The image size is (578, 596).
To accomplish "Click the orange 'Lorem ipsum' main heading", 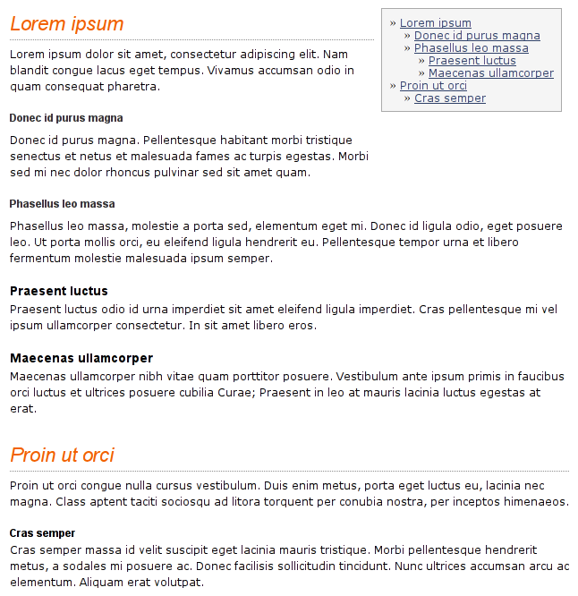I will (67, 24).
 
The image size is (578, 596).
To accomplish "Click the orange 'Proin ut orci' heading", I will (62, 455).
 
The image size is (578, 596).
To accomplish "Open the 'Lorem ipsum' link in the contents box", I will (435, 23).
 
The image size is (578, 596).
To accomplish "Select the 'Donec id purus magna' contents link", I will (477, 36).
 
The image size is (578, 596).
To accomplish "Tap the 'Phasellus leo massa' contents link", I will (471, 48).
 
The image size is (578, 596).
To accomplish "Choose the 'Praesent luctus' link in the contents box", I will (472, 61).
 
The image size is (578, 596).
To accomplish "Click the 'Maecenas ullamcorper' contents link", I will (490, 73).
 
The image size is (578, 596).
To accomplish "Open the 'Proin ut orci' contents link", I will (433, 86).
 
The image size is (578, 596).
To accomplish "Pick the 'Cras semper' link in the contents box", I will (449, 98).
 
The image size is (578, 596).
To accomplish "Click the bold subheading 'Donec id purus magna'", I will (66, 118).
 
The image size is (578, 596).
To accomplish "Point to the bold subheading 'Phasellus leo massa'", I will (62, 204).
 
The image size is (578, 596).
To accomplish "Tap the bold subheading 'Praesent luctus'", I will (59, 291).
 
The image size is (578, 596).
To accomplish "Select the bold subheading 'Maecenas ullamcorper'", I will (81, 358).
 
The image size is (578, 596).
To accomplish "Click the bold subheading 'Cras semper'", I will (42, 533).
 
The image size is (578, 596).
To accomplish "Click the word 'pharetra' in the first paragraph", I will (134, 87).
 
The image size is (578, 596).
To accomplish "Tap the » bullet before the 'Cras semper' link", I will (407, 98).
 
